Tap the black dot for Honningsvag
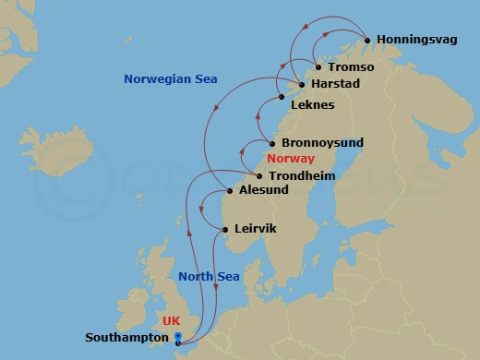coord(367,41)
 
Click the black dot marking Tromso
coord(318,67)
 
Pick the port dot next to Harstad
coord(301,84)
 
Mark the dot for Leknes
coord(281,97)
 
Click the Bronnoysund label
coord(322,143)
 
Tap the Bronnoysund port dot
coord(272,143)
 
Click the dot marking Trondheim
coord(258,175)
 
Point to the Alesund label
coord(263,191)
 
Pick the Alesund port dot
coord(230,192)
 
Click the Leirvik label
coord(256,228)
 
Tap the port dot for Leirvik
coord(225,229)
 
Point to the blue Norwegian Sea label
coord(170,79)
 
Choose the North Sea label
coord(203,276)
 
